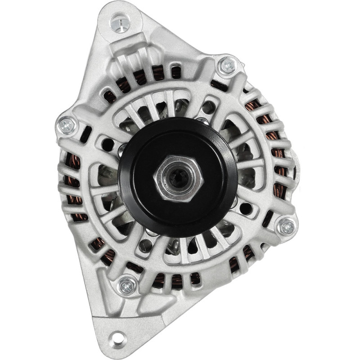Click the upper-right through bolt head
tap(228, 66)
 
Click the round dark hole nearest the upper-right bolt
tap(208, 107)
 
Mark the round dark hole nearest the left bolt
tap(108, 144)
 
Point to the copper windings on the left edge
tap(72, 189)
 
